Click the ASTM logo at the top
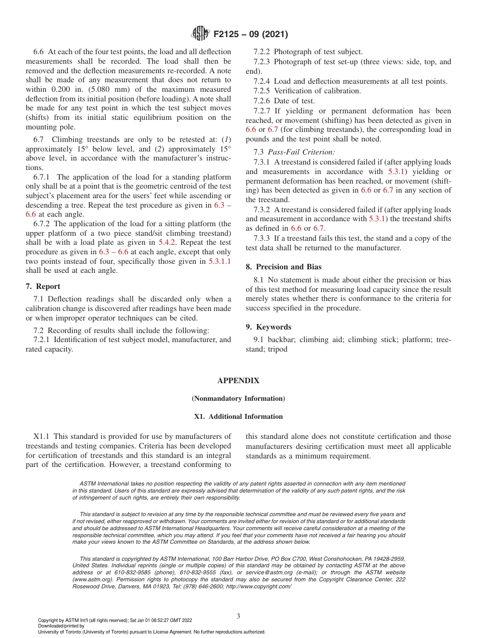(200, 34)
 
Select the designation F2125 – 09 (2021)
(251, 35)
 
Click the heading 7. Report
(43, 286)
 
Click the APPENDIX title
(238, 381)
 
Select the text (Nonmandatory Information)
(238, 399)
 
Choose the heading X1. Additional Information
(238, 417)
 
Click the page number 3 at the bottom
(238, 616)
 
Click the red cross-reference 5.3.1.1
(219, 261)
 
